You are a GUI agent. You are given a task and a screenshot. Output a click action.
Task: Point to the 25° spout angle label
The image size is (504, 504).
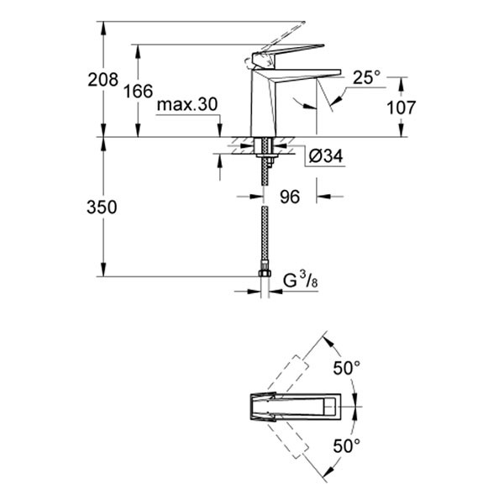[366, 78]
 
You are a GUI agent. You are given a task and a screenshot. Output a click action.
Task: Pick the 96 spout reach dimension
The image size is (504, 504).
[290, 197]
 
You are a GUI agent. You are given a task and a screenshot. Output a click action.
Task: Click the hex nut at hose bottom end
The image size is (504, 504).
[263, 275]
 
